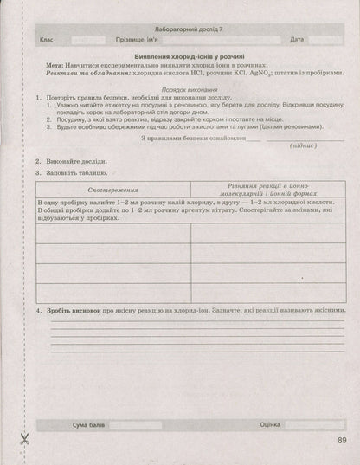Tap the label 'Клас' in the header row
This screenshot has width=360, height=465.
47,41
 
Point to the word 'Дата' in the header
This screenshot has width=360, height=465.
298,41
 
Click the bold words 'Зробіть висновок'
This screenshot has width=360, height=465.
79,310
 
